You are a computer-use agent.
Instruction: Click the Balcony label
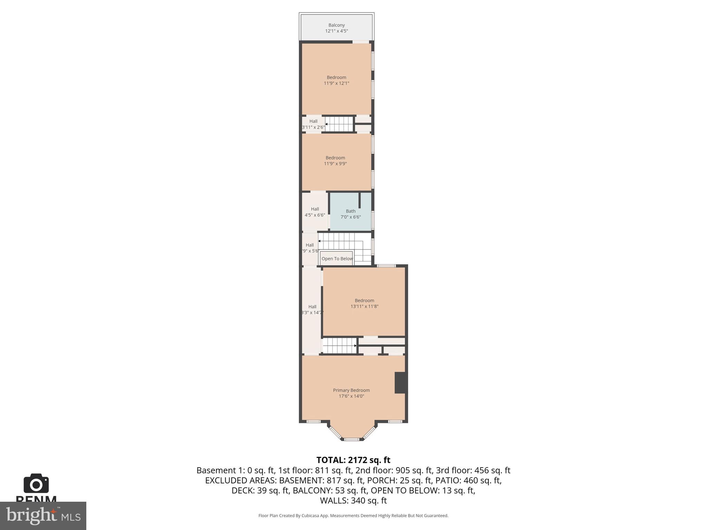tap(336, 25)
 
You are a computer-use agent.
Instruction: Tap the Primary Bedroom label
tap(351, 390)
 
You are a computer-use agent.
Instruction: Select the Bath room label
tap(350, 211)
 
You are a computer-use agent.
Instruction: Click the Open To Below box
tap(337, 259)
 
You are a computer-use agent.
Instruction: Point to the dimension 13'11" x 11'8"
tap(364, 306)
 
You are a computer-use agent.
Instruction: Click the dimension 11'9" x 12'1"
tap(336, 83)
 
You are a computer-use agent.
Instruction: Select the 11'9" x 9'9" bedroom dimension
tap(335, 164)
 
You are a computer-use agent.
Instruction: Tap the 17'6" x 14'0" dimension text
tap(351, 396)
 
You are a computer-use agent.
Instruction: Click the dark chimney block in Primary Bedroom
tap(400, 382)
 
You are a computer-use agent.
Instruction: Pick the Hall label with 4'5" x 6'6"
tap(314, 209)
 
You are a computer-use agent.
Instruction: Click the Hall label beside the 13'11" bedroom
tap(312, 307)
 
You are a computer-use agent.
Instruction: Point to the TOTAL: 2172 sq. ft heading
tap(353, 460)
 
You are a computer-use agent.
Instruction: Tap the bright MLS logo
tap(43, 516)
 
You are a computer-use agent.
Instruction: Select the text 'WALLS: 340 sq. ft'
tap(353, 500)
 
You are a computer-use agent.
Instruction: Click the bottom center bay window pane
tap(352, 439)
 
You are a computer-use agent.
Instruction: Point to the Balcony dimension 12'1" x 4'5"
tap(336, 31)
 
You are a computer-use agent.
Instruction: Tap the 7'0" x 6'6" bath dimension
tap(350, 217)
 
